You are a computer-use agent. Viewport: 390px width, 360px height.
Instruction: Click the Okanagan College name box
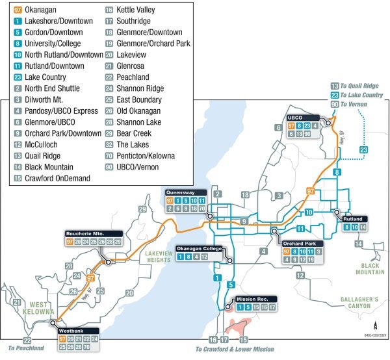pyautogui.click(x=201, y=249)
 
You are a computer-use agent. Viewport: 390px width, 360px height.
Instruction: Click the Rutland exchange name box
pyautogui.click(x=354, y=219)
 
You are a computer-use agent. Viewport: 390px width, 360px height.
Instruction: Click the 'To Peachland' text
pyautogui.click(x=25, y=348)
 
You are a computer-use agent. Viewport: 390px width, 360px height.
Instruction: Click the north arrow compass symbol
pyautogui.click(x=376, y=327)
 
